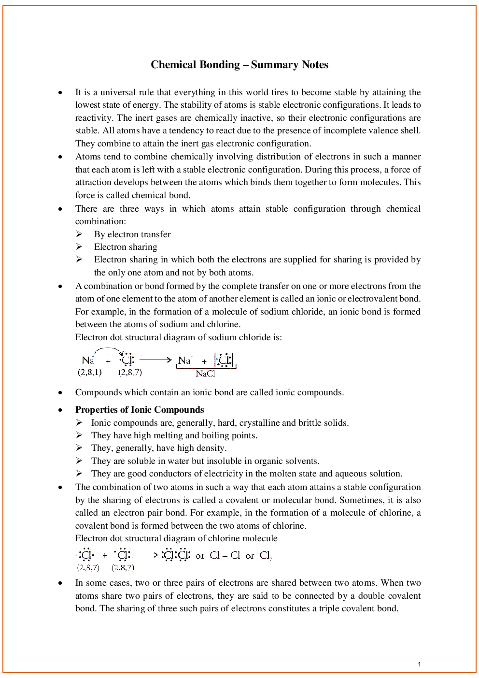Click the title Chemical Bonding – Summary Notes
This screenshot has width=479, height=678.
[239, 65]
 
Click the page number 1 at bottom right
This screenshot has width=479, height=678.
[419, 664]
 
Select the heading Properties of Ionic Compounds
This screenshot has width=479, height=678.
[140, 410]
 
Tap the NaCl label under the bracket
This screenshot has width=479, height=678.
[205, 374]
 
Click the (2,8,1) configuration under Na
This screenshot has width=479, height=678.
[90, 372]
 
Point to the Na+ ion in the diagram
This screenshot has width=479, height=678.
[185, 361]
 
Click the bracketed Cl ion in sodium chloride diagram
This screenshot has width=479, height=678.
[225, 360]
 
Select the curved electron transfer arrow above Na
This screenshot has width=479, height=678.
[109, 350]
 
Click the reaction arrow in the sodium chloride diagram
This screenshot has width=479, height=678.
[155, 360]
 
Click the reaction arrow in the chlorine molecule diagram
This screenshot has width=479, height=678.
[146, 555]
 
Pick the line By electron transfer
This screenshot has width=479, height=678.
[132, 234]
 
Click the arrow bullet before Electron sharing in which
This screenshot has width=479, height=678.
[79, 260]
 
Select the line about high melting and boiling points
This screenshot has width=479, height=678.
[174, 435]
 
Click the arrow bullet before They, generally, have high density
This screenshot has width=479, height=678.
[79, 448]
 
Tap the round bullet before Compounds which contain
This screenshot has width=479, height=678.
[60, 393]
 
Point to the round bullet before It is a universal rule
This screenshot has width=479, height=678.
[60, 92]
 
